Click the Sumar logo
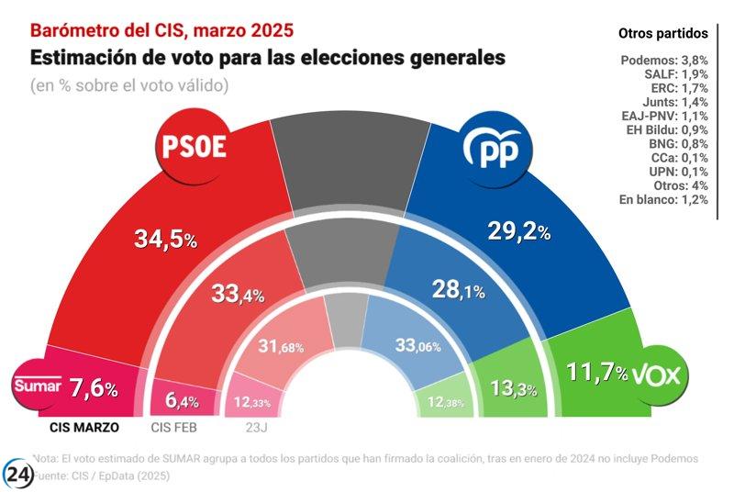(x=38, y=386)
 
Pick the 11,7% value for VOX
(x=595, y=374)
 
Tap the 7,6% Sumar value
(x=94, y=388)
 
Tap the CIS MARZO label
(x=84, y=426)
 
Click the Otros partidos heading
(x=662, y=34)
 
